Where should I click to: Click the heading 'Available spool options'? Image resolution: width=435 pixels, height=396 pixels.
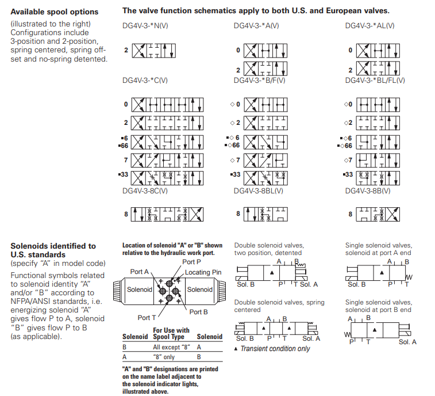(x=55, y=12)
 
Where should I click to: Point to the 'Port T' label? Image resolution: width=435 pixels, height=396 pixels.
(x=147, y=317)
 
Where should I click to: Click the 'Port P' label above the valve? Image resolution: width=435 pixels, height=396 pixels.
(x=191, y=262)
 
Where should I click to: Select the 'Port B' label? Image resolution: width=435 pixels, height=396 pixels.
(x=199, y=312)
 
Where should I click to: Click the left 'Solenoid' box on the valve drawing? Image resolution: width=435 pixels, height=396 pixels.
(x=140, y=290)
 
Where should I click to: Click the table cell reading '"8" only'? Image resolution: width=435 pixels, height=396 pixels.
(x=164, y=357)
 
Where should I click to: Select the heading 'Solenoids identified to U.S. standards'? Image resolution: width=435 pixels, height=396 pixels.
(x=53, y=250)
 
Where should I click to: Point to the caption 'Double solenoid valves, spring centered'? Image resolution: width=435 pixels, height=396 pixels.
(x=279, y=306)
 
